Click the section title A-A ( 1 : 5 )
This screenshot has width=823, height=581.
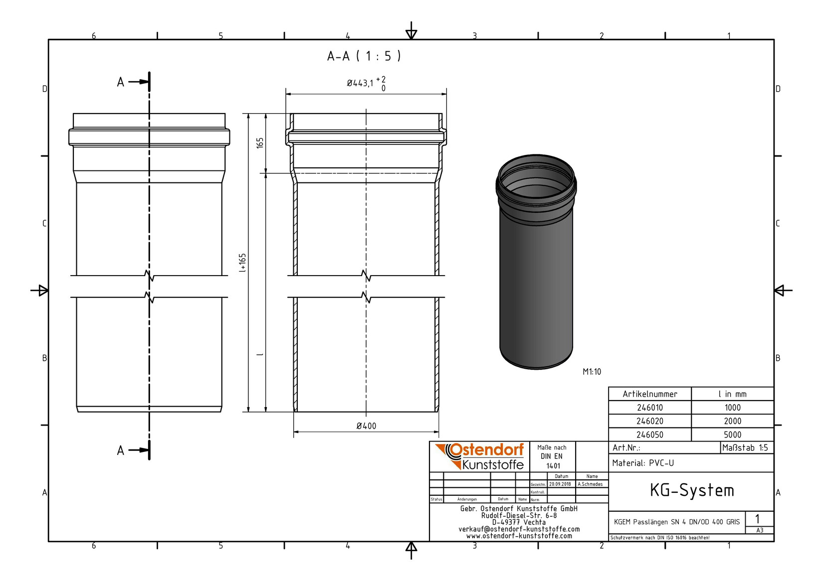pos(364,56)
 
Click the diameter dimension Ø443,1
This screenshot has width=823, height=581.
pos(360,83)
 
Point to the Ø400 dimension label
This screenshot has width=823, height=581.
pos(366,426)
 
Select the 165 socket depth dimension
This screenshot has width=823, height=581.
pos(260,143)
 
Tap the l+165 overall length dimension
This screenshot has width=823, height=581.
pos(242,263)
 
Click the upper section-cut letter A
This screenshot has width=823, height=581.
pos(120,82)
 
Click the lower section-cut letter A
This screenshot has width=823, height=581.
pos(120,451)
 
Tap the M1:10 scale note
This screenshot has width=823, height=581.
pos(592,372)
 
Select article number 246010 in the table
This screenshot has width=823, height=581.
pos(649,408)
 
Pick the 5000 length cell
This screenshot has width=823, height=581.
pos(732,435)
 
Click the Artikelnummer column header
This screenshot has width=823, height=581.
pos(649,394)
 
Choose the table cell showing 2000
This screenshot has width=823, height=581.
pos(732,421)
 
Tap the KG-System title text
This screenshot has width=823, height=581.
pos(691,491)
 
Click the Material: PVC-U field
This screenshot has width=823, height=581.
pos(643,463)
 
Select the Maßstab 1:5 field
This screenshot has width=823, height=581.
pos(745,447)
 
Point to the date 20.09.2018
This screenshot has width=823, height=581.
pos(560,484)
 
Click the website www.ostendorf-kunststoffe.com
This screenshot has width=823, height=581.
pos(519,536)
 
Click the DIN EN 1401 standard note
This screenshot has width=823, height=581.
pos(552,456)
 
